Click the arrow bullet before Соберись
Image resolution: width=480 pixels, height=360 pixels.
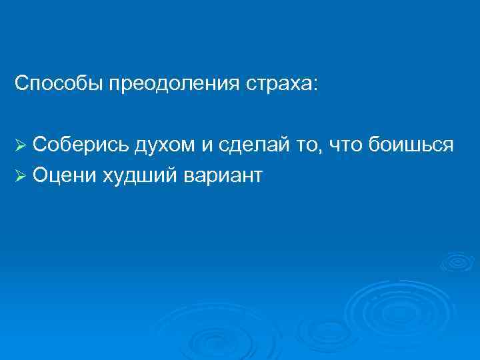click(21, 145)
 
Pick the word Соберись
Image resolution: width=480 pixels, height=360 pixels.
click(81, 144)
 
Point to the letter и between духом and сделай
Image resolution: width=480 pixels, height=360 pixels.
click(204, 144)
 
